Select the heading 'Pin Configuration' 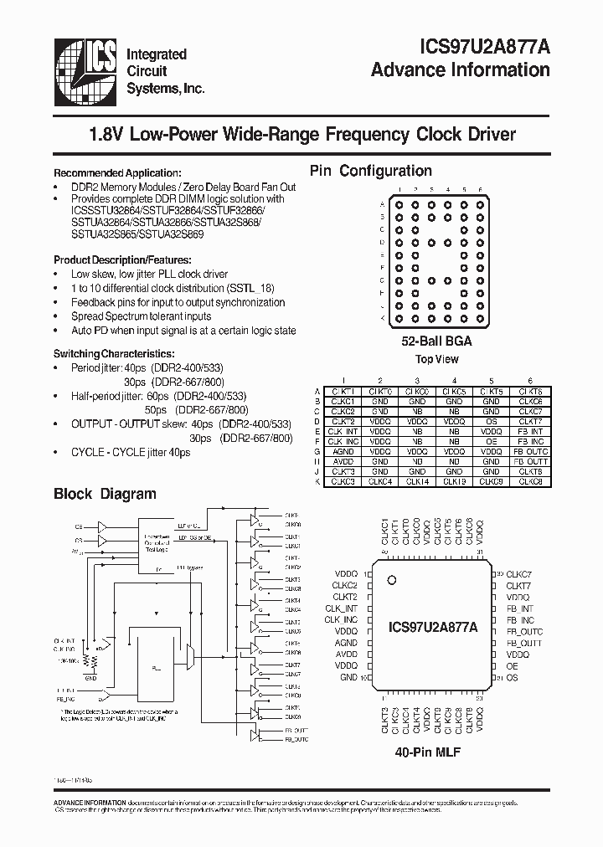coord(371,171)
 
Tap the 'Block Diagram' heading coord(105,494)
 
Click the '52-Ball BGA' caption coord(436,341)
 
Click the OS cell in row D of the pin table coord(492,421)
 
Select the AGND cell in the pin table coord(343,451)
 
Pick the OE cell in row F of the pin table coord(492,441)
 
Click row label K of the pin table coord(317,482)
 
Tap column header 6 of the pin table coord(529,381)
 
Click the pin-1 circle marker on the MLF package coord(390,580)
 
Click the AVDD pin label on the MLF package coord(346,654)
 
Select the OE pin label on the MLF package coord(512,665)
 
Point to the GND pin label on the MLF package coord(348,677)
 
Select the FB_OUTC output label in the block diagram coord(296,740)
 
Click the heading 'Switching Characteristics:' coord(114,354)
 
